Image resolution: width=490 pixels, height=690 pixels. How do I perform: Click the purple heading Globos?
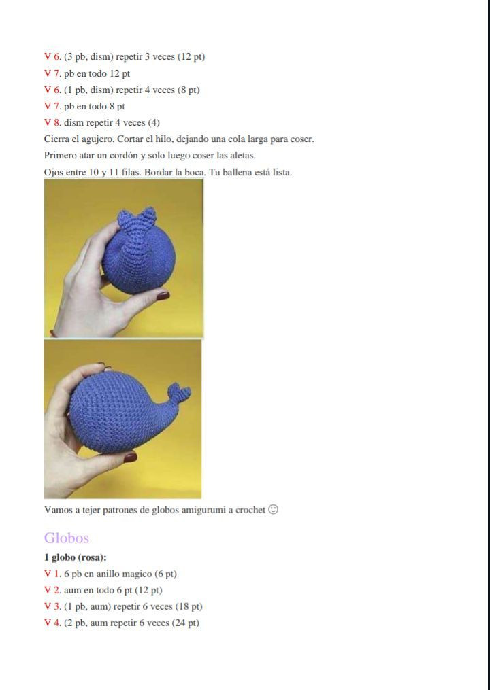[x=66, y=538]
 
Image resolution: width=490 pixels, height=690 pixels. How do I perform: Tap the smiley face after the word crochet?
[x=273, y=509]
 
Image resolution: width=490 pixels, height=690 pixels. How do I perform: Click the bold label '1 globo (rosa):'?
[x=75, y=557]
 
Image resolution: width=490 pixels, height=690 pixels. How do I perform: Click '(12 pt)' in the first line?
[x=191, y=57]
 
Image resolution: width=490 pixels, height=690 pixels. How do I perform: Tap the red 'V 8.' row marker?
[x=52, y=123]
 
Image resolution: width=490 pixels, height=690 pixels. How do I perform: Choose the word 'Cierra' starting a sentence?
[x=57, y=139]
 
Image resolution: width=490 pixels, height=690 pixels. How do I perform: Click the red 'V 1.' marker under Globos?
[x=52, y=574]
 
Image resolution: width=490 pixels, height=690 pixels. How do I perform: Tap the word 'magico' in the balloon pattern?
[x=139, y=574]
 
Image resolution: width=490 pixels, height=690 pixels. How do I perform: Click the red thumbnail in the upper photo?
[x=163, y=296]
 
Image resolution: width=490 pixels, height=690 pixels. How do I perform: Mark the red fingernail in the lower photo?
[x=129, y=458]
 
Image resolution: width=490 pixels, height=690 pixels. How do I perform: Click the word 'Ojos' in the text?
[x=54, y=172]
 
